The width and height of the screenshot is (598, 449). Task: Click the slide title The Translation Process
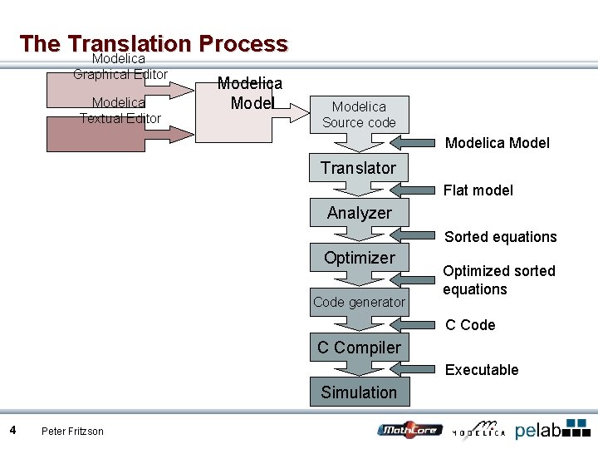click(154, 43)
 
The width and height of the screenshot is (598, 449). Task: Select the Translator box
click(359, 168)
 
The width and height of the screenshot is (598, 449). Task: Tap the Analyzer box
click(359, 213)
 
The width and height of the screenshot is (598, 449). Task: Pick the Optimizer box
click(359, 258)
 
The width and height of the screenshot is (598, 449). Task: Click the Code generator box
click(359, 303)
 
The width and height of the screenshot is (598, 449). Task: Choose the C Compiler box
click(359, 348)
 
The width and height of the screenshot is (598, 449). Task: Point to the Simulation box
click(359, 392)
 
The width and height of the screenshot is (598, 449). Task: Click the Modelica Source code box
click(359, 115)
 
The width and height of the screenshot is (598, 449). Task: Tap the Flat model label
click(478, 190)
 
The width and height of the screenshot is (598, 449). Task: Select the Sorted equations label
click(500, 237)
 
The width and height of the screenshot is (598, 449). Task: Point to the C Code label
click(470, 325)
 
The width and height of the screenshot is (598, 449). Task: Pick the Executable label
click(482, 370)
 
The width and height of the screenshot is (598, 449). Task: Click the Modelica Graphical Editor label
click(120, 67)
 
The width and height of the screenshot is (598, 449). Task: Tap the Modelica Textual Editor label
click(120, 110)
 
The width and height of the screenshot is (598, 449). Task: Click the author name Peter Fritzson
click(72, 431)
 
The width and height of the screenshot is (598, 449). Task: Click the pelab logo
click(552, 430)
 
